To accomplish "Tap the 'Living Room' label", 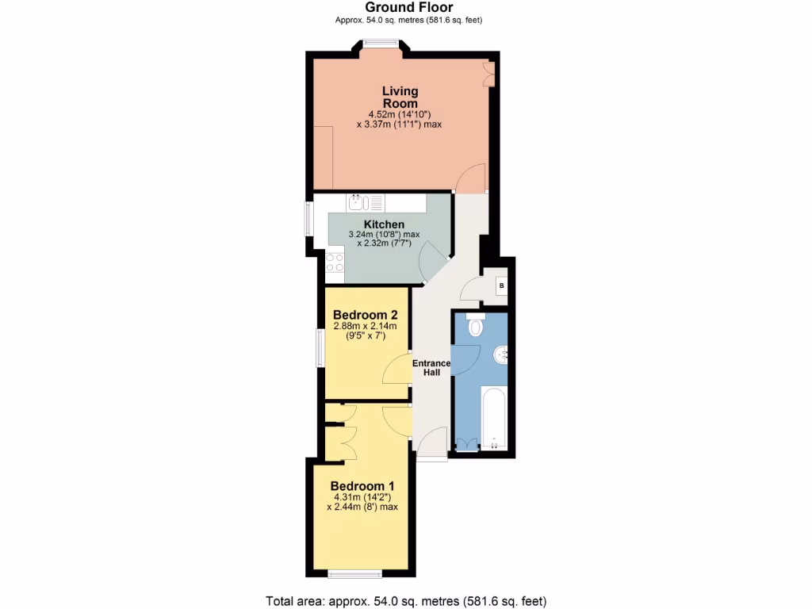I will (400, 98).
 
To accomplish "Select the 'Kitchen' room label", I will (384, 224).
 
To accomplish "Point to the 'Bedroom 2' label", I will (365, 314).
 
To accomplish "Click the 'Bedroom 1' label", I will (362, 486).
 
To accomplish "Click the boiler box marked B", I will (501, 285).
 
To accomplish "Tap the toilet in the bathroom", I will (476, 326).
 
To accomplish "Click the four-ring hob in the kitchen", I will (335, 262).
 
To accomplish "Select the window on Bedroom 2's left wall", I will (320, 349).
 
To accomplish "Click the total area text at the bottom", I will (405, 601).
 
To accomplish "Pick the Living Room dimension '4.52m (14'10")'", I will (400, 114).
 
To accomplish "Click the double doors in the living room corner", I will (489, 75).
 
